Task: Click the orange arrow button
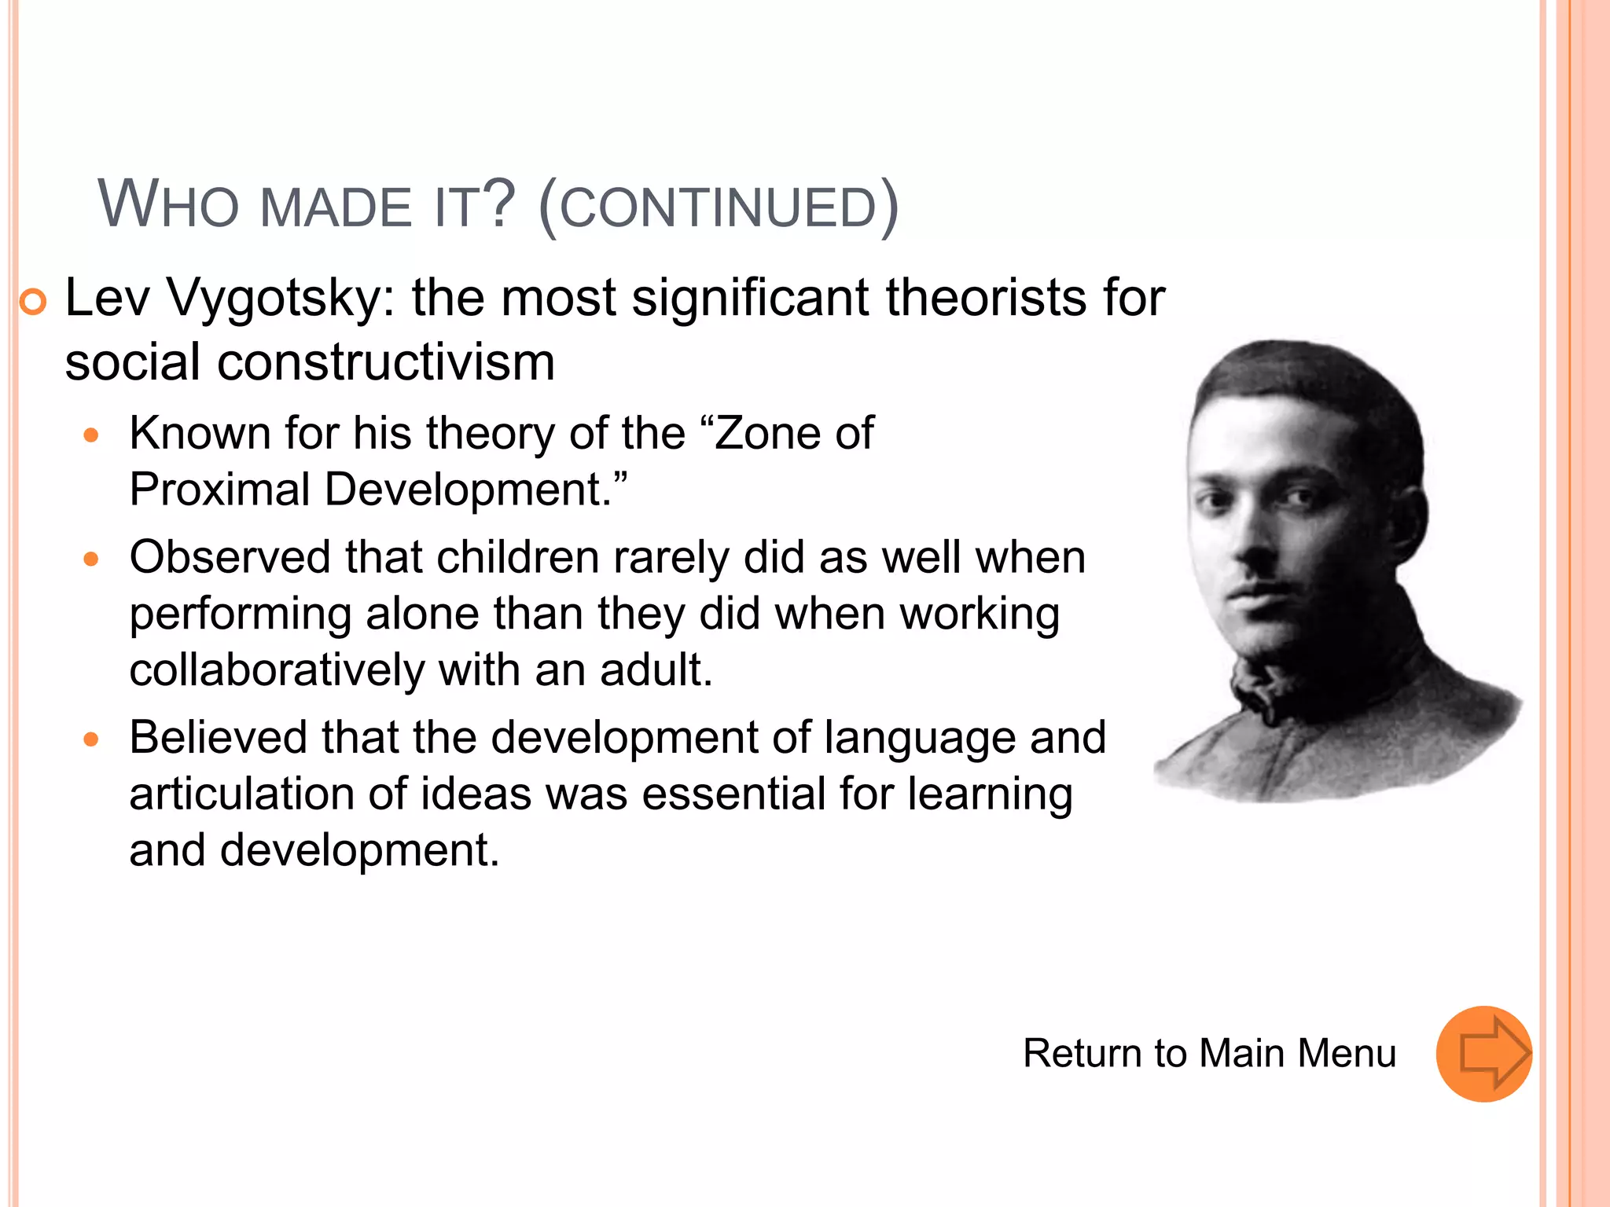pos(1483,1054)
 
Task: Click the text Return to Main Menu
pos(1209,1053)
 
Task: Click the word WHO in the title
pos(167,205)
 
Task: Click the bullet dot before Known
pos(92,435)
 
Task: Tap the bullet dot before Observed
pos(92,559)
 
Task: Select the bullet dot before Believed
pos(92,739)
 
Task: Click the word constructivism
pos(386,362)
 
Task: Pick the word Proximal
pos(219,490)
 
